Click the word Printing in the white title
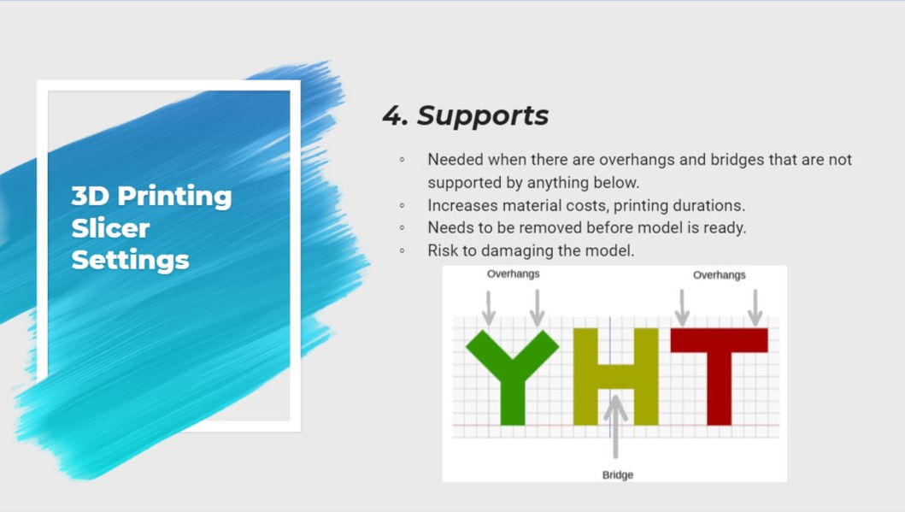(x=174, y=197)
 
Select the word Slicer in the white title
(x=110, y=228)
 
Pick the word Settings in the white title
(x=131, y=261)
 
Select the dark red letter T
(x=720, y=376)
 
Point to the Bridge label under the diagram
(x=618, y=474)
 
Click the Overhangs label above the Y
(x=513, y=274)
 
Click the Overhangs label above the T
(x=720, y=274)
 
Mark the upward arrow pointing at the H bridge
(x=616, y=426)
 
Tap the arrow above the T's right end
(x=755, y=308)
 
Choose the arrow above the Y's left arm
(x=489, y=309)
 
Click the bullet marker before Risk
(x=403, y=250)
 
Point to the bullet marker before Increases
(x=403, y=205)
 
